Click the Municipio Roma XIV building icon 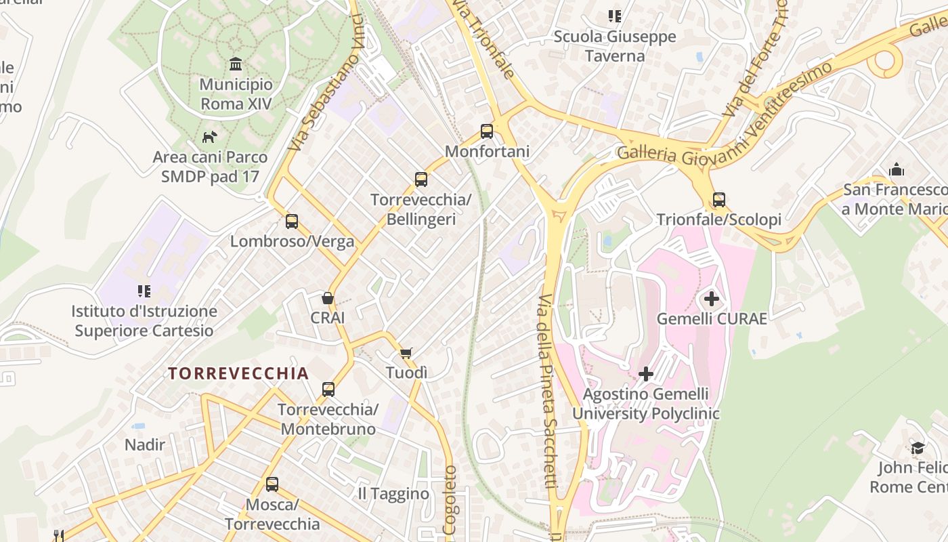(x=236, y=64)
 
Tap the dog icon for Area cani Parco (x=209, y=137)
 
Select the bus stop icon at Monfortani (x=487, y=131)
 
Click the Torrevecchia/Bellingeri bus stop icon (x=421, y=180)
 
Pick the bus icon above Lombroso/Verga (x=292, y=221)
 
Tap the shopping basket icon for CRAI (x=328, y=298)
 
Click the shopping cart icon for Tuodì (x=406, y=353)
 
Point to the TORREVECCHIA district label (x=238, y=373)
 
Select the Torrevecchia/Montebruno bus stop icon (x=328, y=390)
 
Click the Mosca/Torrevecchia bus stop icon (x=272, y=484)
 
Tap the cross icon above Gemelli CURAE (x=712, y=298)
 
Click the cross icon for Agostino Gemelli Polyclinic (x=646, y=373)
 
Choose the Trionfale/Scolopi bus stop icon (x=719, y=200)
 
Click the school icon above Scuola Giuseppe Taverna (x=615, y=16)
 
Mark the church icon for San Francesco (x=897, y=169)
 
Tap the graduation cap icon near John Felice (x=918, y=448)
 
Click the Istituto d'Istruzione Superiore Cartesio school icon (x=144, y=291)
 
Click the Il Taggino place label (x=393, y=494)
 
